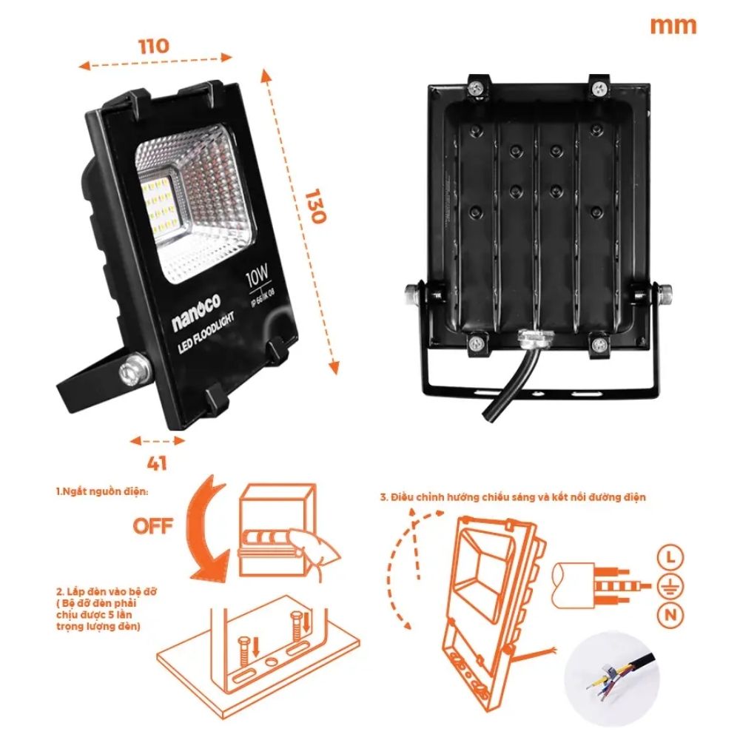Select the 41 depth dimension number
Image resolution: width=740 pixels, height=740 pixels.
click(x=157, y=464)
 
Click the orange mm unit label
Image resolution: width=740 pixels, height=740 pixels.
click(x=673, y=25)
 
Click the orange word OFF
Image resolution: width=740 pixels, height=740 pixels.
click(x=153, y=526)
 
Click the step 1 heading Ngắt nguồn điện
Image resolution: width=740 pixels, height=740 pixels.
click(x=102, y=491)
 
